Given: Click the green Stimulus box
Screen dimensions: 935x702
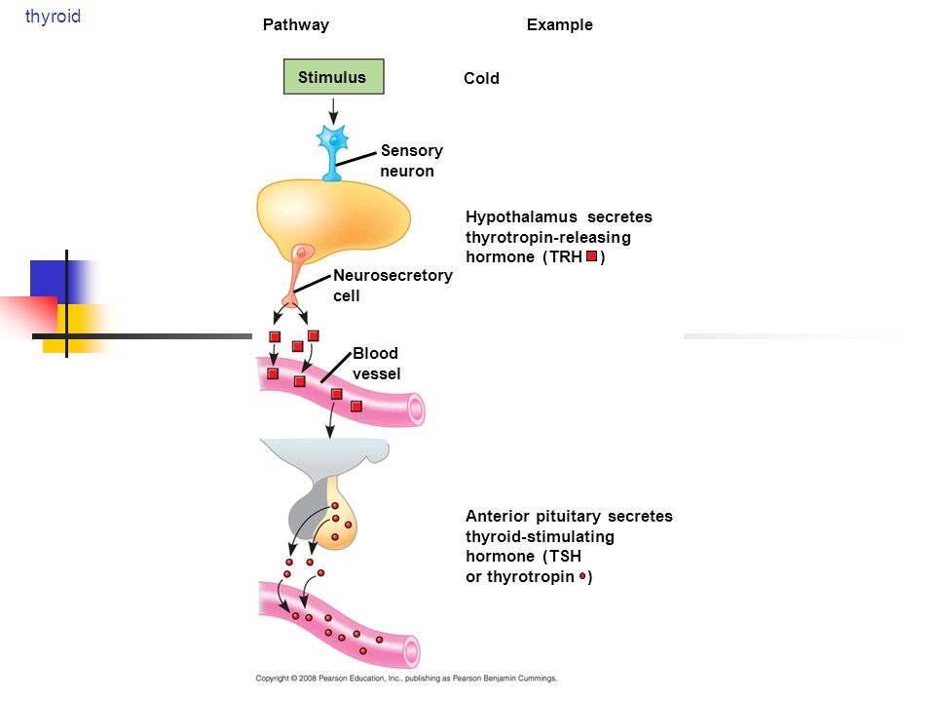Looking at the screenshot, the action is click(x=333, y=76).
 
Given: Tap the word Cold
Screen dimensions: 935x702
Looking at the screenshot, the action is click(x=481, y=78).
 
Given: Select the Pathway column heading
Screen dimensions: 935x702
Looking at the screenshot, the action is click(x=296, y=25).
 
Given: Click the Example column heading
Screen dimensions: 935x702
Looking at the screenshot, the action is click(x=559, y=25).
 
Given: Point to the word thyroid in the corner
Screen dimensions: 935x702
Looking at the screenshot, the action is click(x=53, y=17).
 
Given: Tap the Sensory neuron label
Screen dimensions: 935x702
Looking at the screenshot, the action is click(x=411, y=161).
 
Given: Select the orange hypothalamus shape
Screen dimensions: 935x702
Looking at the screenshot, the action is click(x=333, y=217).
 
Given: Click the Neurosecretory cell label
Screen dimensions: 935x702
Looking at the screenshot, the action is click(x=393, y=286).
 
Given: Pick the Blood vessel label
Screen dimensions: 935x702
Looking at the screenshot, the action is click(x=376, y=364).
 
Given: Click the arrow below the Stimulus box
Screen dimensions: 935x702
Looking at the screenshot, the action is click(x=333, y=111).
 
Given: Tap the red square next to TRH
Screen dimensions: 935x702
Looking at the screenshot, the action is click(x=591, y=256).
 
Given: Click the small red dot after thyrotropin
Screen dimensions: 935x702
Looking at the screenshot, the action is click(x=582, y=576).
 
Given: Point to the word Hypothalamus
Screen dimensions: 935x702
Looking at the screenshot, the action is click(x=521, y=217).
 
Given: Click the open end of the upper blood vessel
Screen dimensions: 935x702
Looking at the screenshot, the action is click(x=416, y=409).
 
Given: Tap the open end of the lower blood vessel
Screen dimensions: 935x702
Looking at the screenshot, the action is click(x=411, y=650).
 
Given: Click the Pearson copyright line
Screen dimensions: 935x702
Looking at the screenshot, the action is click(x=406, y=679).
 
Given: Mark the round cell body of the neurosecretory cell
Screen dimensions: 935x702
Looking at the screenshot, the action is click(x=303, y=253).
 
